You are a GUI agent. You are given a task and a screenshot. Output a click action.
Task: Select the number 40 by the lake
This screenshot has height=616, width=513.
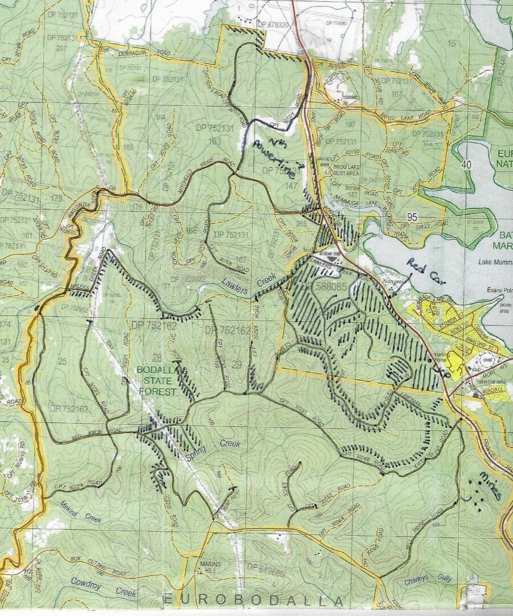468,165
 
